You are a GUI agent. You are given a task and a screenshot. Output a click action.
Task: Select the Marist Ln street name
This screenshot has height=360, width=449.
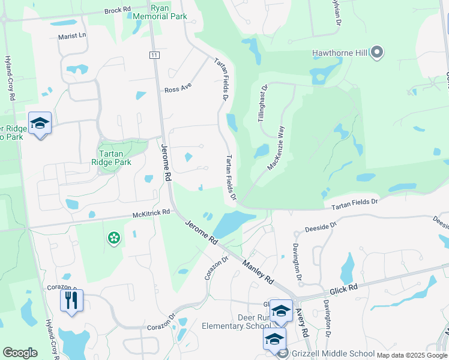point(73,36)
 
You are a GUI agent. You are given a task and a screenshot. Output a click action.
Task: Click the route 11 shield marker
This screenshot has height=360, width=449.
point(154,55)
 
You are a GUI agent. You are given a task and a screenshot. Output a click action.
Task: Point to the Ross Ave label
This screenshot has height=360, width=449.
point(178,89)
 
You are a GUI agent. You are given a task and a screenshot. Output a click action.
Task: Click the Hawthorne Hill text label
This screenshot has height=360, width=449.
point(339,53)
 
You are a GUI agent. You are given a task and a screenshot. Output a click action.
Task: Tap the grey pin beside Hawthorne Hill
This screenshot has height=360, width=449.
point(377,53)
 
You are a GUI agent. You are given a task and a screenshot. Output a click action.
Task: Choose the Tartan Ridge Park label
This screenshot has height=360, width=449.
point(111,157)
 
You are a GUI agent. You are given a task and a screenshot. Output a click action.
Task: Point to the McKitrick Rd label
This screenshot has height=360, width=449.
point(151,213)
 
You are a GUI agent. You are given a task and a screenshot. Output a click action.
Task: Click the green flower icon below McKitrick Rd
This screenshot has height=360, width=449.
point(113,239)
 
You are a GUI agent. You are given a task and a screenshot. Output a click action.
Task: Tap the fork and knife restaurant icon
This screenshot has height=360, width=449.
point(71,299)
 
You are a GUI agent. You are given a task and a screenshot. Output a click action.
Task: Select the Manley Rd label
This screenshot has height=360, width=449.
point(258,271)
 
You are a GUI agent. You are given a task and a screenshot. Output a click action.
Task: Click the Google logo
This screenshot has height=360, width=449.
point(20,353)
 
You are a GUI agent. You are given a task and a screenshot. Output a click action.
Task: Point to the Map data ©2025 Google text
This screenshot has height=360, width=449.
point(411,355)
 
